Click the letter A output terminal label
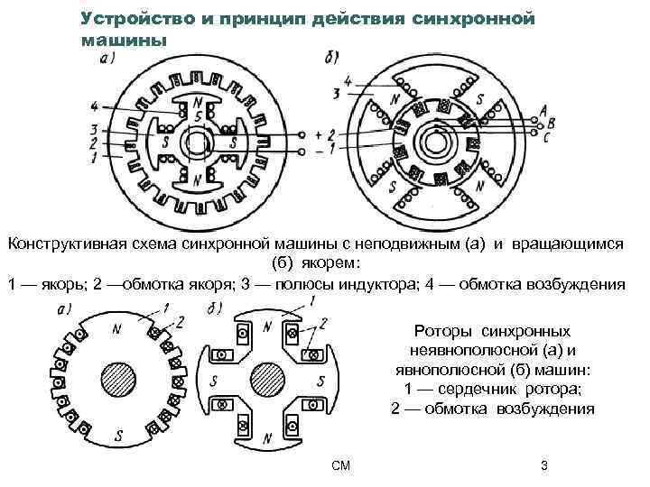(x=543, y=110)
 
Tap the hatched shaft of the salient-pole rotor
(x=267, y=378)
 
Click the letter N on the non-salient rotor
(x=117, y=329)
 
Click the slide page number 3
(x=543, y=465)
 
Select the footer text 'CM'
(x=340, y=465)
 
